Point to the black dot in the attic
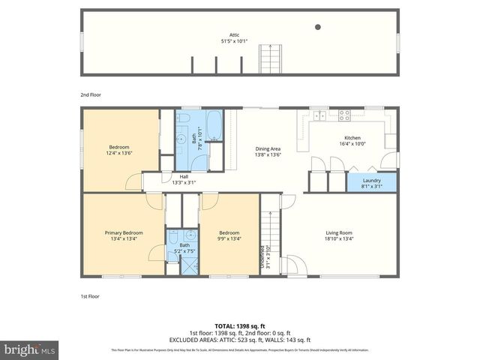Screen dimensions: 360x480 pyautogui.click(x=317, y=27)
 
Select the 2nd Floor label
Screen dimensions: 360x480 pyautogui.click(x=91, y=95)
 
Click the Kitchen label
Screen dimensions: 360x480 pyautogui.click(x=352, y=138)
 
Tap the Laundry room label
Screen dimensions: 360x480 pyautogui.click(x=372, y=180)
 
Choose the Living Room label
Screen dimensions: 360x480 pyautogui.click(x=339, y=232)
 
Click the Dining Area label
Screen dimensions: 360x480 pyautogui.click(x=268, y=149)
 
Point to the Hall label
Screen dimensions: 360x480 pyautogui.click(x=184, y=176)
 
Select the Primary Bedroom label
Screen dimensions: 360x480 pyautogui.click(x=123, y=233)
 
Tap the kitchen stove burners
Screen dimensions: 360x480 pyautogui.click(x=345, y=115)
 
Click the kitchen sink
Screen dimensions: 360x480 pyautogui.click(x=320, y=115)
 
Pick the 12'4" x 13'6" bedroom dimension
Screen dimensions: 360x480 pyautogui.click(x=120, y=153)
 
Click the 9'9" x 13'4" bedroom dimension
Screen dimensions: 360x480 pyautogui.click(x=229, y=239)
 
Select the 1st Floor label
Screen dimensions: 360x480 pyautogui.click(x=90, y=296)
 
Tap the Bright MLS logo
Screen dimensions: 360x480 pyautogui.click(x=30, y=350)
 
